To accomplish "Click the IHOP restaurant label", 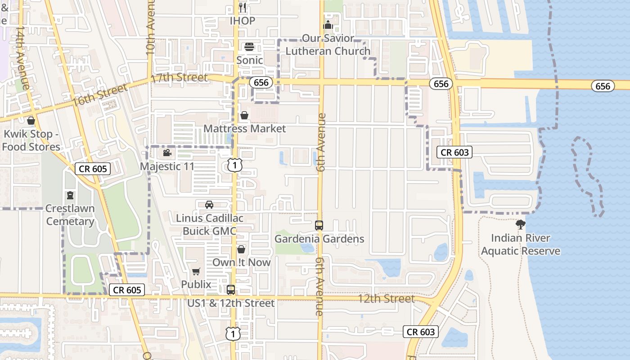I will (x=243, y=21).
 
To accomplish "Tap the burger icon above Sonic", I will (x=249, y=47).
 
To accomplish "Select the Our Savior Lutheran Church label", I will (x=328, y=45).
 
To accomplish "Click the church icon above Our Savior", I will (x=328, y=24).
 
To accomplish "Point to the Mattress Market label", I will (x=244, y=129).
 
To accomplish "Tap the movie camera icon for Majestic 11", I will (x=167, y=153).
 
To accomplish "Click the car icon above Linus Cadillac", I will (x=209, y=205).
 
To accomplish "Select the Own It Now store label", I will (x=242, y=262).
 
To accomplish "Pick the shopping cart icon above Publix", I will (x=196, y=271).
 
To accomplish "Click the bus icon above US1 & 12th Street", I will (x=231, y=290).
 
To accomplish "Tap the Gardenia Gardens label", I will (x=319, y=239).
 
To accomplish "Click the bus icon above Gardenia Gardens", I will (x=319, y=225).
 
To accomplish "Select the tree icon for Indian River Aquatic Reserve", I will (x=521, y=224).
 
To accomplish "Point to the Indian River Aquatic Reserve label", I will (x=521, y=244).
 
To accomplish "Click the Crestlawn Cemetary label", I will (x=70, y=215).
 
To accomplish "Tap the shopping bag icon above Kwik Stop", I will (x=31, y=121).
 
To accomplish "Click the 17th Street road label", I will (x=180, y=78).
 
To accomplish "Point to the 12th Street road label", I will (x=386, y=299).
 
